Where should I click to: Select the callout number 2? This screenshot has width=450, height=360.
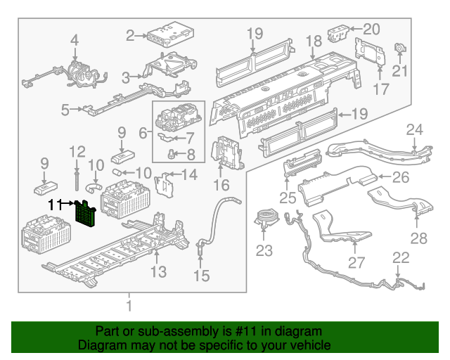130,35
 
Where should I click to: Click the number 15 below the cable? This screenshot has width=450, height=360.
202,276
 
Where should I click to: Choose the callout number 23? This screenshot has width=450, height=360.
263,250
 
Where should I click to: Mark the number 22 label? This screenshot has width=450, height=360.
401,258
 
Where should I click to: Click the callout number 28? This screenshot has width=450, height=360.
418,238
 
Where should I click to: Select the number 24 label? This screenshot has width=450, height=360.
416,129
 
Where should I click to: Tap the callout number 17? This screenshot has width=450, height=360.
380,89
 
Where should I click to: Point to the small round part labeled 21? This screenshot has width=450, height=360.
401,49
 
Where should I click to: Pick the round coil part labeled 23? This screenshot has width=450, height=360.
266,215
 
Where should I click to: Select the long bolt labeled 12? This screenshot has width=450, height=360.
75,176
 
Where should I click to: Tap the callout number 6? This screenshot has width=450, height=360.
143,131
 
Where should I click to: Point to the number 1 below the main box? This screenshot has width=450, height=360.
129,305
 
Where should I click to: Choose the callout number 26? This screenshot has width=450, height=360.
400,177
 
